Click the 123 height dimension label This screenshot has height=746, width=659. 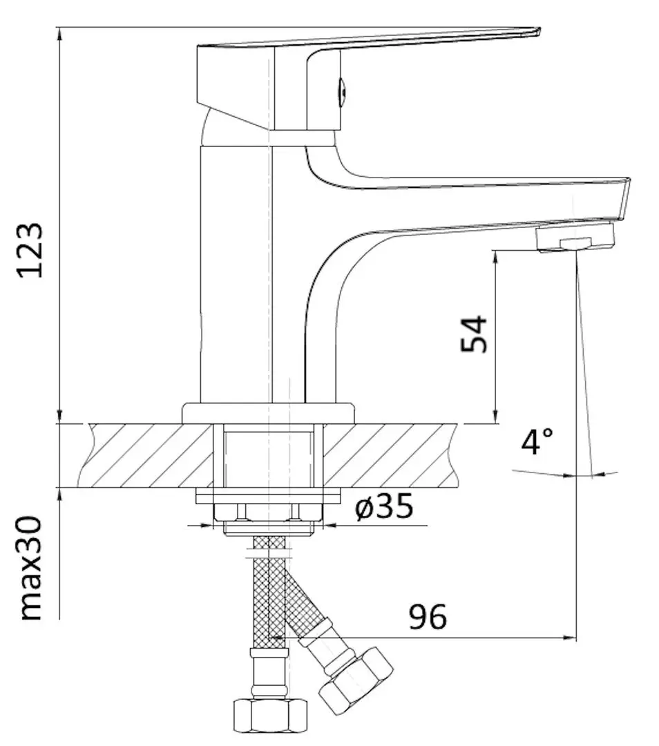32,249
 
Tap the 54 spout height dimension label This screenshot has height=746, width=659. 475,334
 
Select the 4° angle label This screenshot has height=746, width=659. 537,441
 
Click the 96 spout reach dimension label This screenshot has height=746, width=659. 428,617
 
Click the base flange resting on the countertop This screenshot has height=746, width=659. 268,413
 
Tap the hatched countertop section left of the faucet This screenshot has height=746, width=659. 145,455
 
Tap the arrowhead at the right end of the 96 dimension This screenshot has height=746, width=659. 571,638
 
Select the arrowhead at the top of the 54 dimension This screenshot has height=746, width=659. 495,256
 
